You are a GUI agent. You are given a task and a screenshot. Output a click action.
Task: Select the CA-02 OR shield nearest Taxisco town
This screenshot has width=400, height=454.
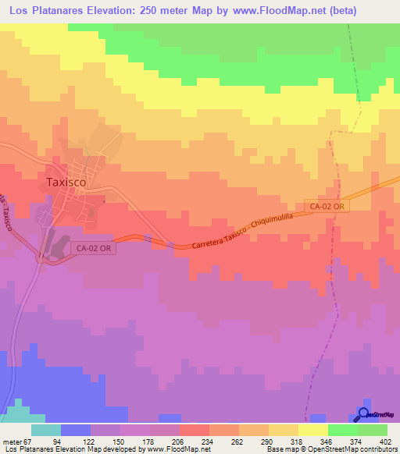point(96,247)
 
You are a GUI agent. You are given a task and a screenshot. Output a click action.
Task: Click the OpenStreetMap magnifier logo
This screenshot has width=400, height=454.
point(365,413)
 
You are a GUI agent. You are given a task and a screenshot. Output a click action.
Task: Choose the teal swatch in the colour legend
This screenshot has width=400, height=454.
point(46,430)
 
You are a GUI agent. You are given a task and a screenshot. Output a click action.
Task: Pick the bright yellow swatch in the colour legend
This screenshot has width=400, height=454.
point(313,430)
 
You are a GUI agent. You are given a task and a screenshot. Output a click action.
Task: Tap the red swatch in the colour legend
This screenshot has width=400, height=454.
point(195,430)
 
